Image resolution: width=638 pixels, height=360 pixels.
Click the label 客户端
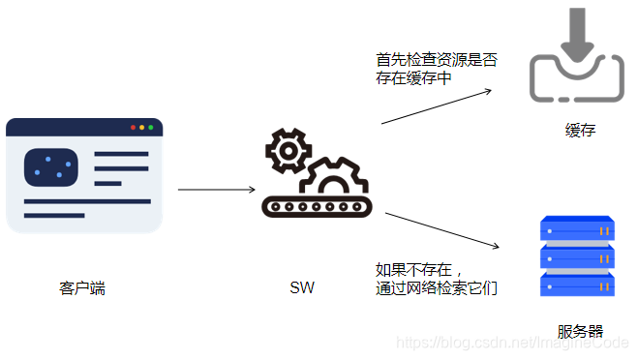click(x=81, y=288)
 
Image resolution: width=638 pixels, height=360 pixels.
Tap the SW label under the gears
click(x=302, y=288)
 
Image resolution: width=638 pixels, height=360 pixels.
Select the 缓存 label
click(x=579, y=131)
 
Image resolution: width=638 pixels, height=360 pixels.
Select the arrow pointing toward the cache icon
click(x=436, y=106)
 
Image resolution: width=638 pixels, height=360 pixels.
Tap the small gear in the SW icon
click(x=288, y=149)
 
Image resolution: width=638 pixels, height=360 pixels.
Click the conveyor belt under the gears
click(x=315, y=206)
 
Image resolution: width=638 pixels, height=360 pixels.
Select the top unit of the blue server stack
click(x=578, y=232)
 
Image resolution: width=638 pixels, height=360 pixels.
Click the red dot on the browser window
click(x=134, y=128)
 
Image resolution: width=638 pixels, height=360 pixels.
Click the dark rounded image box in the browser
click(x=50, y=166)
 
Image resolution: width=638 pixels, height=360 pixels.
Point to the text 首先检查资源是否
click(x=437, y=60)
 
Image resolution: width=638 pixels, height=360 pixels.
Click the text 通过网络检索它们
click(x=437, y=287)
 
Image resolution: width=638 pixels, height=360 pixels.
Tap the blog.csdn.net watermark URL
click(x=514, y=343)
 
